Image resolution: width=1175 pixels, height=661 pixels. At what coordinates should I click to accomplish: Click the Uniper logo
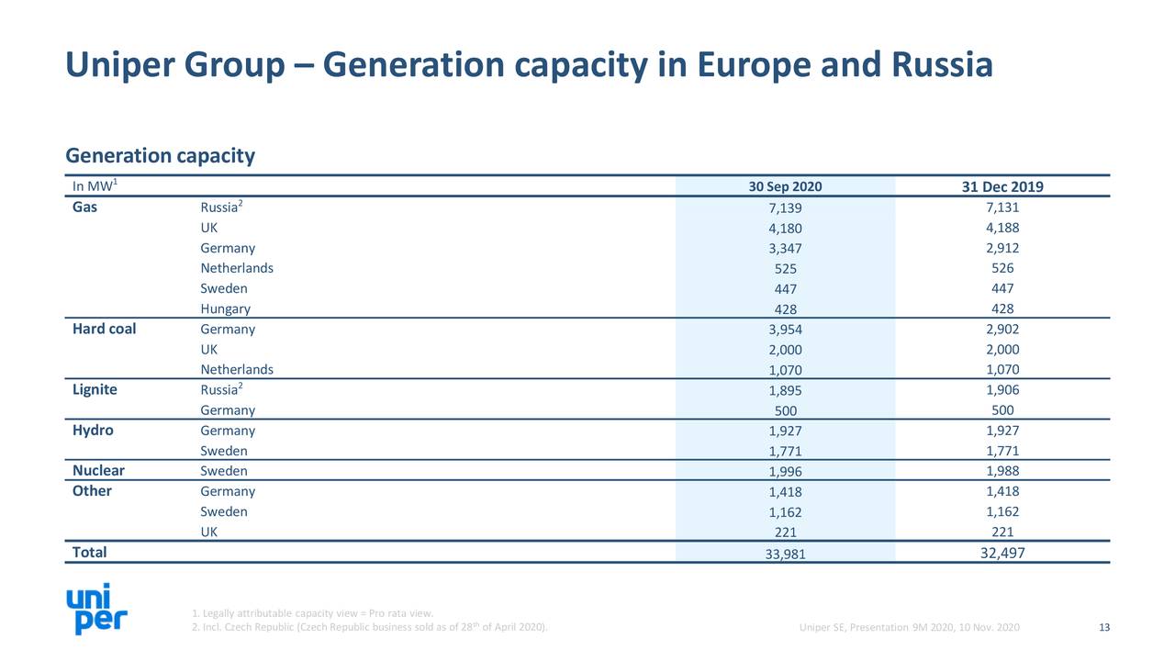click(x=96, y=611)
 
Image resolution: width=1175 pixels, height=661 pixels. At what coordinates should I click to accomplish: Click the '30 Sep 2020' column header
click(x=785, y=187)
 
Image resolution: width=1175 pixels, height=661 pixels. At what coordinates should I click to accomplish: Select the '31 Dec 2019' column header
click(x=1002, y=187)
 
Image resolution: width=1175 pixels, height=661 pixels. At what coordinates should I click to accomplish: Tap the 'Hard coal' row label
click(x=104, y=330)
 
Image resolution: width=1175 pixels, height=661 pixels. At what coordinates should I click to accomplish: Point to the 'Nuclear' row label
click(x=98, y=471)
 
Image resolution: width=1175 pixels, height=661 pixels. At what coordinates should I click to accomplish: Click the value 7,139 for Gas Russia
click(x=785, y=208)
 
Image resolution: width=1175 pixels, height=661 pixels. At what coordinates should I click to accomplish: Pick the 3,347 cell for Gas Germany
click(x=785, y=249)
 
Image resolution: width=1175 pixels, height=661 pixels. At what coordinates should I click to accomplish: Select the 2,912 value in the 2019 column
click(x=1002, y=248)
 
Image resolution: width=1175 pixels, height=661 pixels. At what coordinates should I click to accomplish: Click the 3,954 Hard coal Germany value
click(x=785, y=330)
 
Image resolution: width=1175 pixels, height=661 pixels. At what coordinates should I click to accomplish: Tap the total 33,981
click(x=785, y=554)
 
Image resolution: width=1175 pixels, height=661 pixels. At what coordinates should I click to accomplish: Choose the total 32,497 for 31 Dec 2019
click(x=1002, y=553)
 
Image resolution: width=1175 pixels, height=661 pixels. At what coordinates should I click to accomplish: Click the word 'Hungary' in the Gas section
click(x=225, y=309)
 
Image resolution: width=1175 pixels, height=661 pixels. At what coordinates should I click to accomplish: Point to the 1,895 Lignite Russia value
click(x=785, y=391)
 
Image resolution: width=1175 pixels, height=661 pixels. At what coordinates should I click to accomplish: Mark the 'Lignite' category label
click(x=95, y=390)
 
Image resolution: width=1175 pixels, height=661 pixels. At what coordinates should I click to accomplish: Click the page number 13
click(x=1104, y=628)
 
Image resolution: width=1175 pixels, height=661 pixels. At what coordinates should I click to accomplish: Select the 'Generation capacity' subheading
click(x=160, y=156)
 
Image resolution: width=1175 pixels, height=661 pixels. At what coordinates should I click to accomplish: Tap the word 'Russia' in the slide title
click(x=938, y=66)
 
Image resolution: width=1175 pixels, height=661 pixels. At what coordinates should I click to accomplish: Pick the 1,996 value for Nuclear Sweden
click(x=785, y=472)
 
